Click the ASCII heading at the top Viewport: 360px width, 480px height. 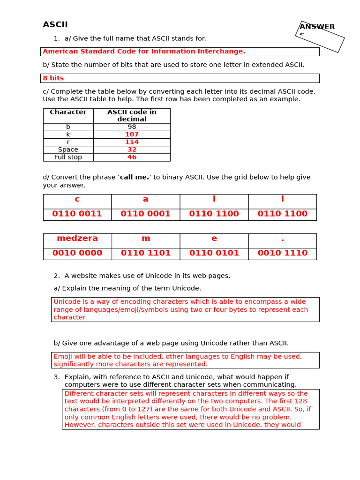click(x=55, y=25)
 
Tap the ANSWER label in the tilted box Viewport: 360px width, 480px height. click(x=317, y=27)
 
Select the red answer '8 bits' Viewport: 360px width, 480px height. click(x=53, y=78)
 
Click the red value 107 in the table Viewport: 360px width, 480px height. click(x=132, y=135)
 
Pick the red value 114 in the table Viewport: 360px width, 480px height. click(x=132, y=142)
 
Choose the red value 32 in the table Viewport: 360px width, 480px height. click(x=132, y=150)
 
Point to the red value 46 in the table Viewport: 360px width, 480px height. click(x=132, y=157)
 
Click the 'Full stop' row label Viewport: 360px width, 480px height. click(x=68, y=157)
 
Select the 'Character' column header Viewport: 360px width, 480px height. click(x=68, y=112)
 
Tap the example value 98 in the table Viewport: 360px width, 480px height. click(x=132, y=127)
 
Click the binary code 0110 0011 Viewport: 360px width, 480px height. click(x=77, y=214)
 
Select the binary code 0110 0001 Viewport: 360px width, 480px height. click(x=145, y=214)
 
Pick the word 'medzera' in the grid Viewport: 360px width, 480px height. click(x=77, y=239)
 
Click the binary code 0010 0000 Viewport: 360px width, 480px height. click(x=77, y=254)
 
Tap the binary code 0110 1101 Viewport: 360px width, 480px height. click(x=146, y=254)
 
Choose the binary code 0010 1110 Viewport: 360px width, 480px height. click(x=282, y=254)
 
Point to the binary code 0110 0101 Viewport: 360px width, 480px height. click(x=214, y=254)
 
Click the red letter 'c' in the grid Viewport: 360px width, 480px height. click(x=77, y=199)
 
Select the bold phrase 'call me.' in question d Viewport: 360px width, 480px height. click(x=135, y=178)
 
